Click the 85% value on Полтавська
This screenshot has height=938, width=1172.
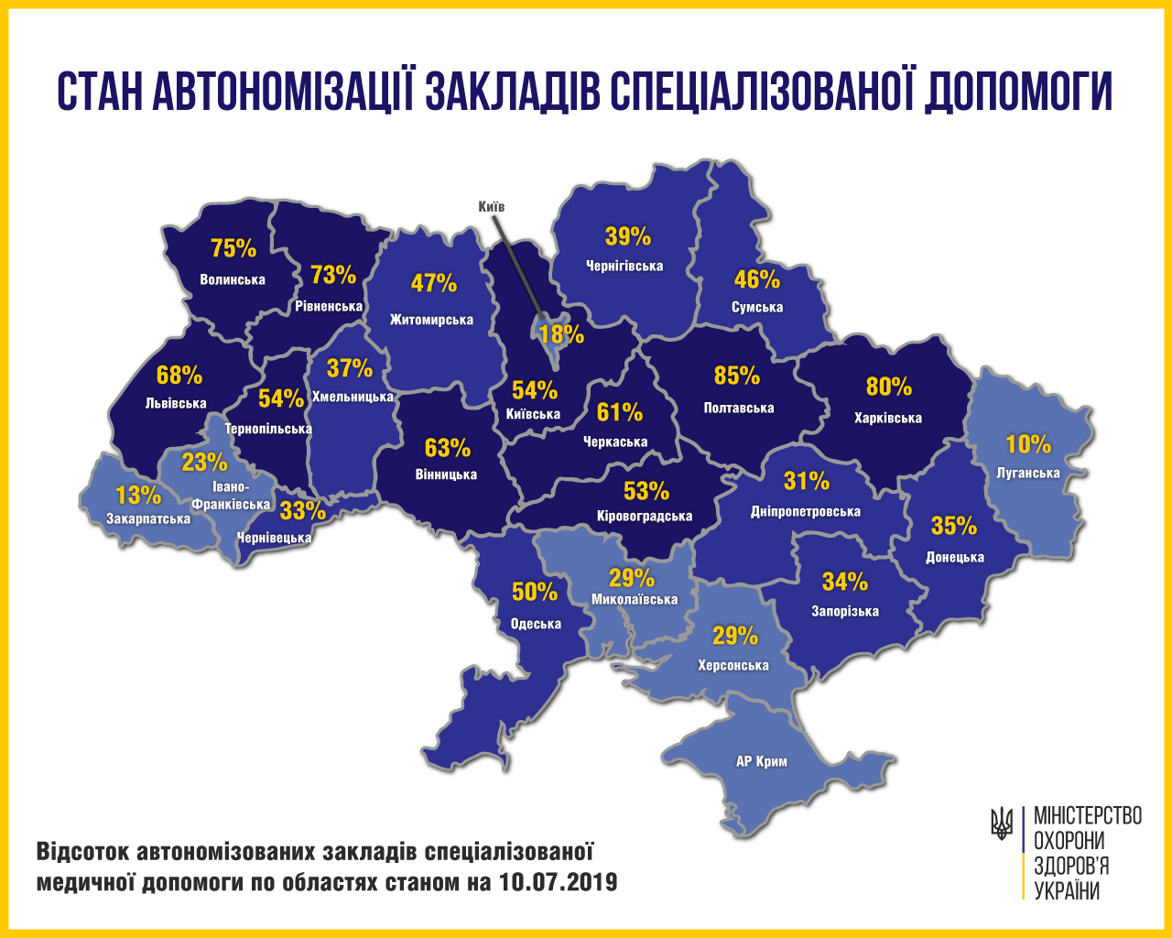[737, 376]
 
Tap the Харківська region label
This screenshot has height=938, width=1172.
[887, 418]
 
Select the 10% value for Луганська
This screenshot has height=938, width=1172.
[1028, 444]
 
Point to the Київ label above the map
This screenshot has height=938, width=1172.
[492, 207]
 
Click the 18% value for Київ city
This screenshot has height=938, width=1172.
[561, 333]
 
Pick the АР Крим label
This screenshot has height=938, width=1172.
[762, 761]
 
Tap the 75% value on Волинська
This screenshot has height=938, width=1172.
[233, 248]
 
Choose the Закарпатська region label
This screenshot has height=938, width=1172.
[148, 518]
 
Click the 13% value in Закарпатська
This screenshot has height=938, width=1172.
[138, 496]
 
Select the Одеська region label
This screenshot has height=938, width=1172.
[536, 624]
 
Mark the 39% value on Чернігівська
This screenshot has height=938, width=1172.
[628, 236]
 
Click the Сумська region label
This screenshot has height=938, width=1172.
[757, 307]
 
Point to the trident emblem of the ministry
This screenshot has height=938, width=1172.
[1002, 823]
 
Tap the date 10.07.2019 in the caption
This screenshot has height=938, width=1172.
[559, 883]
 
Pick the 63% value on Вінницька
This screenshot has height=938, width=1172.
[448, 448]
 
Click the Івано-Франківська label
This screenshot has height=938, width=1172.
[231, 496]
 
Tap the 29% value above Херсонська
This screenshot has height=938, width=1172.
[735, 635]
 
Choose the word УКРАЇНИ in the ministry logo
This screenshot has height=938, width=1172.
[1067, 891]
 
